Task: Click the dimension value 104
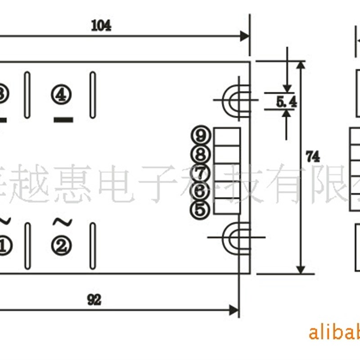click(101, 26)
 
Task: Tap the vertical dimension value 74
click(312, 157)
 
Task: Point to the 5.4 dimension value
click(287, 103)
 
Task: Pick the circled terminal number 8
click(200, 154)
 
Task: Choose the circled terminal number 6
click(200, 191)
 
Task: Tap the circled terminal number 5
click(200, 209)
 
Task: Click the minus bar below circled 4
click(63, 120)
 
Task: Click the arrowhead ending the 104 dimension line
click(245, 36)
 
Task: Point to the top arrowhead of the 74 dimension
click(300, 65)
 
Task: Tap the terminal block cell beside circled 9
click(227, 136)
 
